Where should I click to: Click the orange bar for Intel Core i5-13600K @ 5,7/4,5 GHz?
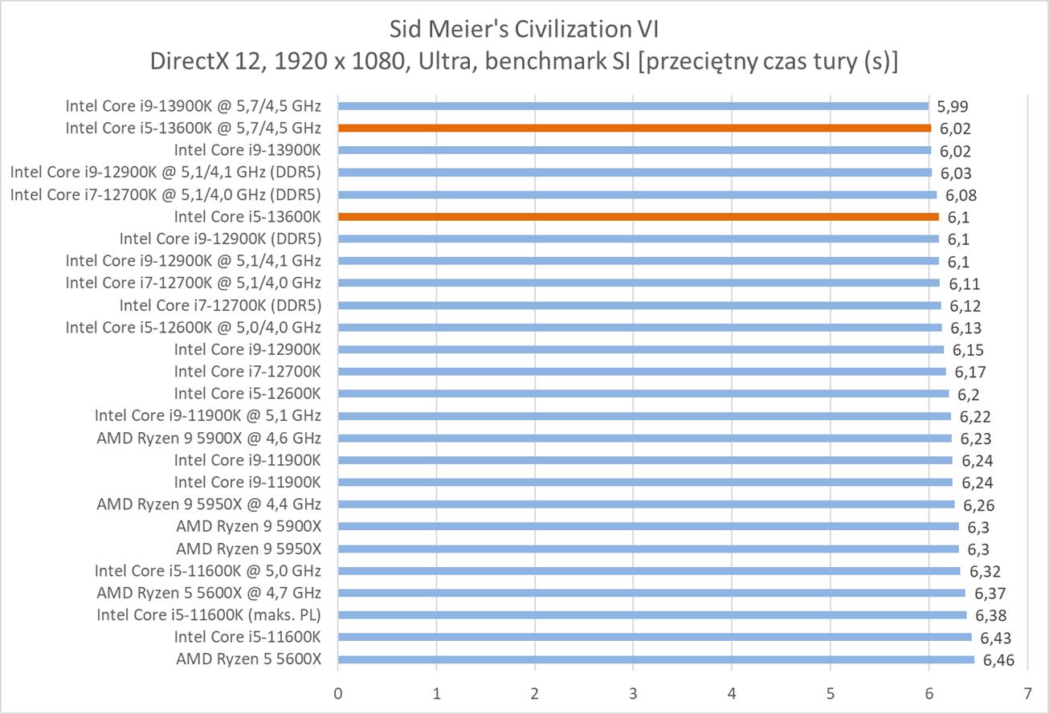coord(635,128)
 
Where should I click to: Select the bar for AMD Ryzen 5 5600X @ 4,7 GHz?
coord(651,593)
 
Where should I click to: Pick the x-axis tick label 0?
coord(338,692)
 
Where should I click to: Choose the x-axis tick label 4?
coord(732,692)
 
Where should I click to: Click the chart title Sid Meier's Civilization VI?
coord(524,30)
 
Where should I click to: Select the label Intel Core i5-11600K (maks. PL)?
coord(209,615)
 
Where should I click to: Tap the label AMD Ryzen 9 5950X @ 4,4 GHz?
coord(209,504)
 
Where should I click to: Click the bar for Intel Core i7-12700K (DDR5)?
coord(639,305)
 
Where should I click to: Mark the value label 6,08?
coord(961,195)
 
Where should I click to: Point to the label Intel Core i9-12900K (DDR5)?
coord(220,239)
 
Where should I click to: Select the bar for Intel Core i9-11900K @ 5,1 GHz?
coord(644,416)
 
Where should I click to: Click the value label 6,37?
coord(989,594)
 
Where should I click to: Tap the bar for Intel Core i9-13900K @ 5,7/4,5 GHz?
coord(633,105)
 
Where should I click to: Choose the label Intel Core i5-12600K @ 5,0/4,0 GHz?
coord(194,327)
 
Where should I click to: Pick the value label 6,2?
coord(968,394)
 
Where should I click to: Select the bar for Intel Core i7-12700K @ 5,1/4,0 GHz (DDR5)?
coord(638,194)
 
